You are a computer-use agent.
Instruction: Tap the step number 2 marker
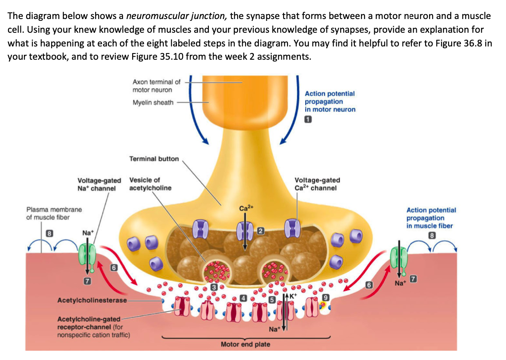pos(261,230)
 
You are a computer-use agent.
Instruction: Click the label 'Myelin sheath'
pos(153,103)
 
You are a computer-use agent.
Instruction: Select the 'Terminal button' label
pos(154,159)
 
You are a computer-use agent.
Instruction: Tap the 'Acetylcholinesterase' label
pos(92,300)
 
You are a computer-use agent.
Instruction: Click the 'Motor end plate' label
pos(245,344)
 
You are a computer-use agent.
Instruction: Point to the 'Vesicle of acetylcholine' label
pos(150,184)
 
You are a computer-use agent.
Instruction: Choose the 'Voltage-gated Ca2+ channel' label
pos(317,184)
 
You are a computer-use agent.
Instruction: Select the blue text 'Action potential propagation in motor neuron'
pos(330,101)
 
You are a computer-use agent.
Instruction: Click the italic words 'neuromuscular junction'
pos(176,16)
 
